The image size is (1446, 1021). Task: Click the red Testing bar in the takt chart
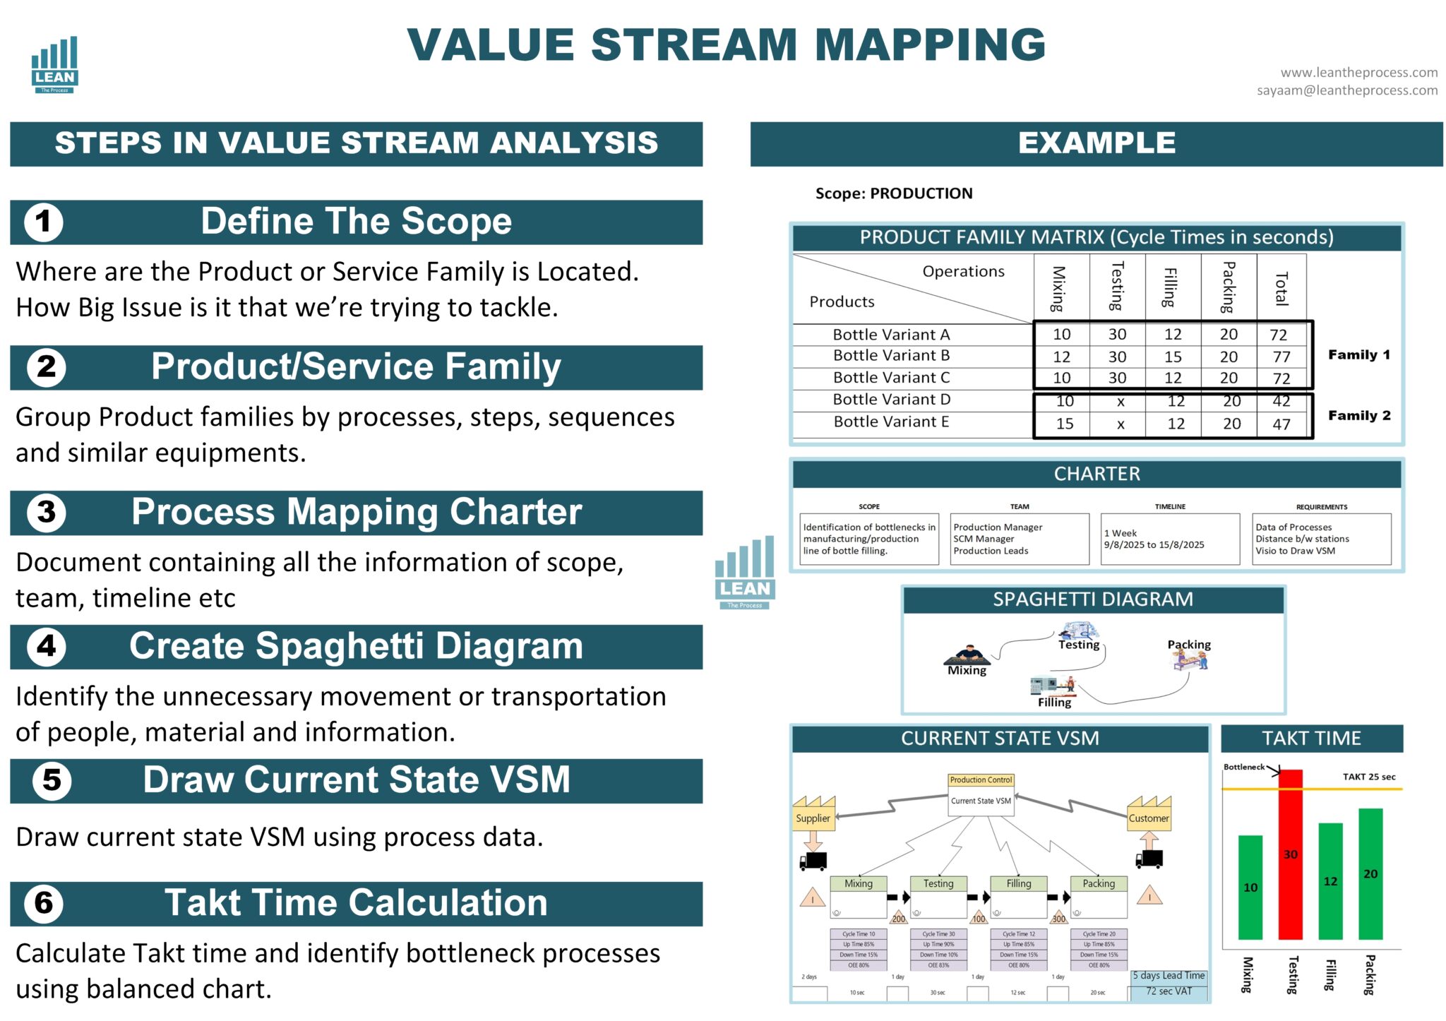coord(1290,854)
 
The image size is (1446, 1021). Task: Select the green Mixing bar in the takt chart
coord(1250,887)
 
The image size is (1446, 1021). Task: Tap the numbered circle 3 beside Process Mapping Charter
coord(46,512)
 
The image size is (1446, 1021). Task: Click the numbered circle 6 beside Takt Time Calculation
coord(44,903)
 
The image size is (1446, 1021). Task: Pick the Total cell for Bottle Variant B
coord(1281,357)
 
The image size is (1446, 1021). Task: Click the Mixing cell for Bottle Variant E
coord(1064,424)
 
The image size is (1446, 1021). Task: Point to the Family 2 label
coord(1359,415)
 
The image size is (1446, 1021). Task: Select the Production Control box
coord(981,780)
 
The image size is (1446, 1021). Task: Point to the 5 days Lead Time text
coord(1169,976)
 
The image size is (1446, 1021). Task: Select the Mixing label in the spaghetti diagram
coord(967,670)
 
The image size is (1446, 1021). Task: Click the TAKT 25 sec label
coord(1368,777)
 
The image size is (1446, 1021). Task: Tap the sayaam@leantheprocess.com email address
coord(1346,90)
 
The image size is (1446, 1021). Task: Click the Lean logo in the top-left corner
coord(54,65)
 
